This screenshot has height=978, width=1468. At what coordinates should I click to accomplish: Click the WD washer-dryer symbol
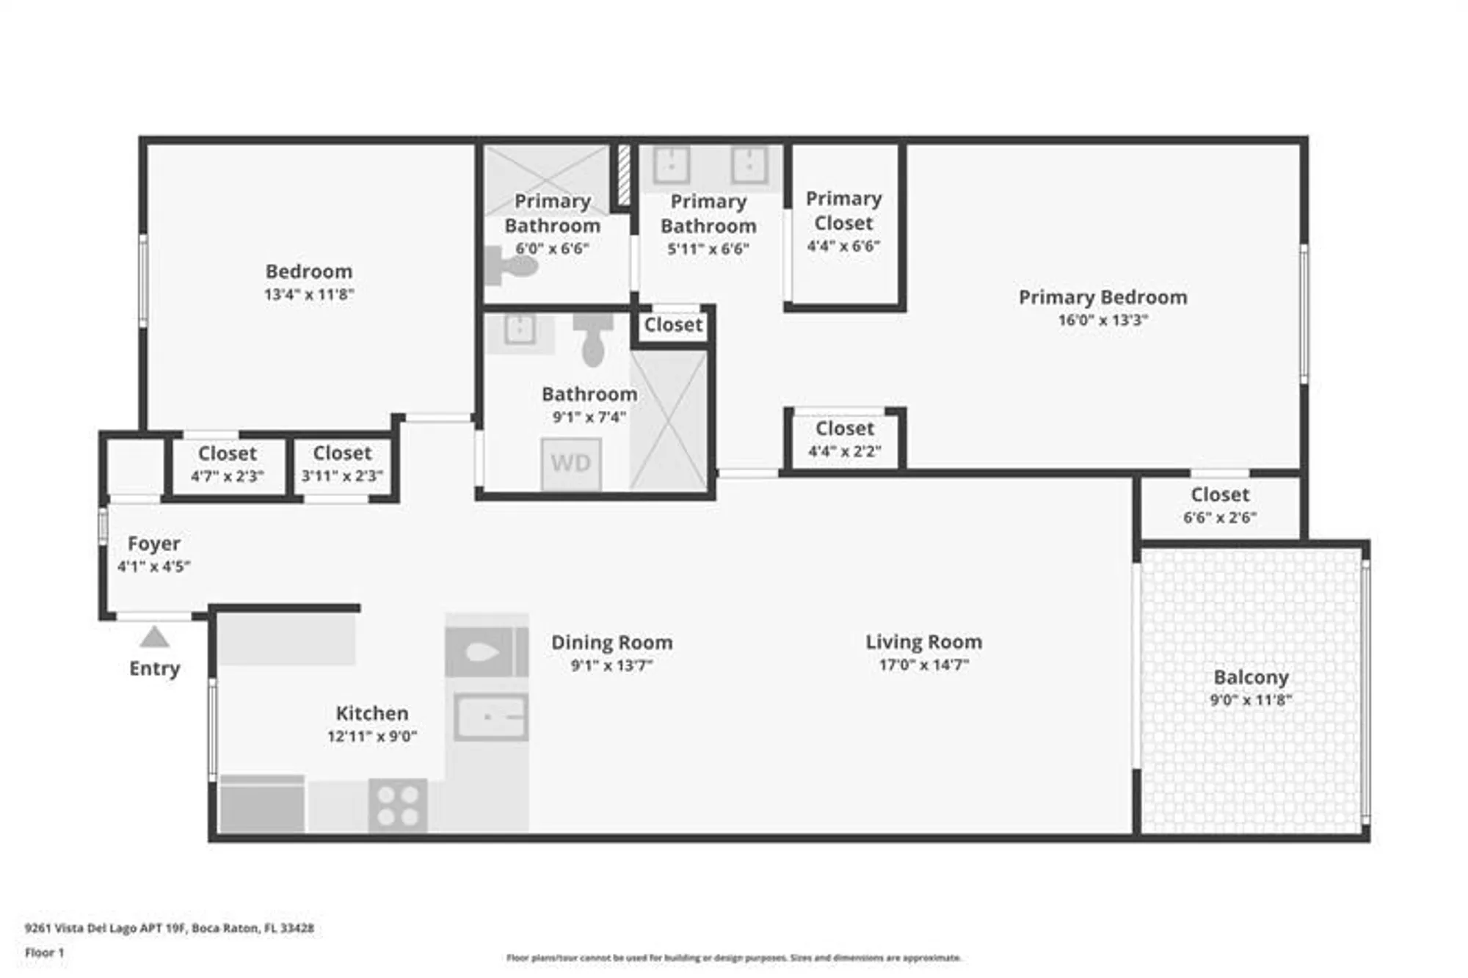click(x=571, y=464)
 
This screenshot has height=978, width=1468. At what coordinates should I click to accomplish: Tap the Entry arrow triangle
click(x=154, y=638)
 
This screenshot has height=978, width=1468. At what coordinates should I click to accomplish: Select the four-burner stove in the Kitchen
click(x=399, y=805)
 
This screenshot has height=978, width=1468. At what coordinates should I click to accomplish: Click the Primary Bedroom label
click(x=1102, y=297)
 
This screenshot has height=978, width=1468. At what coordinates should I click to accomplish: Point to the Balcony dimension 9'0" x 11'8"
click(x=1251, y=700)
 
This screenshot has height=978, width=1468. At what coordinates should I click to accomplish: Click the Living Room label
click(x=923, y=642)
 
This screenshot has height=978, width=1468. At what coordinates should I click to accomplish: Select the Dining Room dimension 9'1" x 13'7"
click(x=611, y=665)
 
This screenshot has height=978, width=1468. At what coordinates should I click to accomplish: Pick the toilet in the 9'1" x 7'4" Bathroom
click(x=593, y=341)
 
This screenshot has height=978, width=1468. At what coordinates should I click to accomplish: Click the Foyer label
click(x=153, y=544)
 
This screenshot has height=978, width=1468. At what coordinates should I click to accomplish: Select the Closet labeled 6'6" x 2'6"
click(x=1220, y=506)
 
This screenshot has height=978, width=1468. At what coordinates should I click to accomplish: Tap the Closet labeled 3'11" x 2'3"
click(x=342, y=464)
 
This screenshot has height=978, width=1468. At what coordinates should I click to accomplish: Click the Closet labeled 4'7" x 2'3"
click(x=228, y=464)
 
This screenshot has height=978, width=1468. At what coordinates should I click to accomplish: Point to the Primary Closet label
click(x=843, y=211)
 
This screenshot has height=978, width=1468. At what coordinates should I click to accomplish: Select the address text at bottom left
click(x=170, y=928)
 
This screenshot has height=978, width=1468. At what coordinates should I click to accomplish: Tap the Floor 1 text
click(x=45, y=952)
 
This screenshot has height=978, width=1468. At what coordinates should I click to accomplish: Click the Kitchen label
click(x=372, y=713)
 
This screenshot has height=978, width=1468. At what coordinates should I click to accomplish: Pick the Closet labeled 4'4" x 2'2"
click(x=844, y=439)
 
